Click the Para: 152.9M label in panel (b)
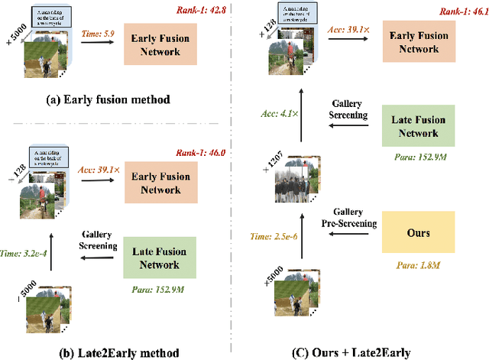pyautogui.click(x=158, y=290)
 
